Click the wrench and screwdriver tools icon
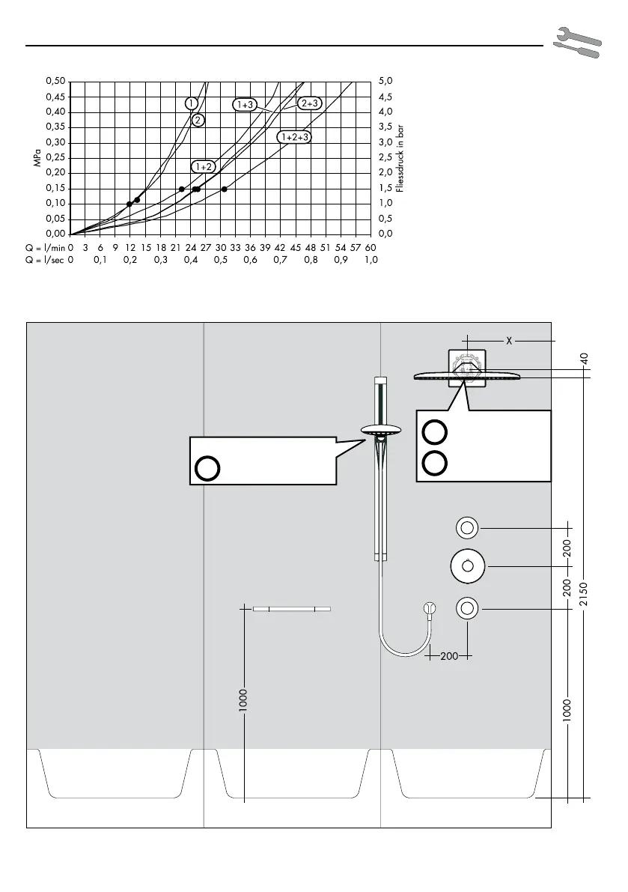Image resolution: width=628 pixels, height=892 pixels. tap(577, 41)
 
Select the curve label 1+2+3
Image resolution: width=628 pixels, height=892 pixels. tap(295, 137)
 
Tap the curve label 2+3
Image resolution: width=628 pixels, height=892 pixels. tap(310, 103)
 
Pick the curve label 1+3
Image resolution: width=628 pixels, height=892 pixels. tap(245, 105)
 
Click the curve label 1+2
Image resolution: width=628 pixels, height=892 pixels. tap(203, 167)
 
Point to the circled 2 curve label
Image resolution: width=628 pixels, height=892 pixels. tap(198, 120)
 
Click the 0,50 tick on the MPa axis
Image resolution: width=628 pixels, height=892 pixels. tap(55, 82)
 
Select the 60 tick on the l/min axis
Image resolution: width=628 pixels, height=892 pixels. tap(371, 247)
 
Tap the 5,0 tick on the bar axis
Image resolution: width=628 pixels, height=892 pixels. tap(385, 82)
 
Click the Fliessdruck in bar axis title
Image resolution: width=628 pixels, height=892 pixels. tap(400, 158)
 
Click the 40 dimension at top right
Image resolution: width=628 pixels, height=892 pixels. tap(585, 359)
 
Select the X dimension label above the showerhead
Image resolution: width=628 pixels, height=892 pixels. tap(509, 341)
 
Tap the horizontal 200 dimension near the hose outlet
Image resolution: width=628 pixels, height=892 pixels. tap(449, 656)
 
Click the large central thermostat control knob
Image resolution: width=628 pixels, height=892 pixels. tap(467, 566)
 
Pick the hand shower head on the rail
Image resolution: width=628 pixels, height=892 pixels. tap(381, 431)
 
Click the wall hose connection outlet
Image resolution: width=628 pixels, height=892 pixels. tap(430, 608)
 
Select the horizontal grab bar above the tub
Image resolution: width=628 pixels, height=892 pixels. tap(292, 609)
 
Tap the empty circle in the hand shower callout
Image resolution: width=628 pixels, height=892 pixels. tap(207, 468)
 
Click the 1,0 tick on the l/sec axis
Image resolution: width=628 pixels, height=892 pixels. tap(371, 260)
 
